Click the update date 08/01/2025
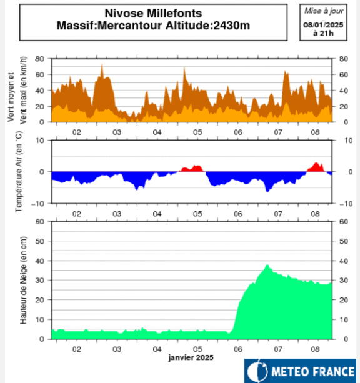pos(320,24)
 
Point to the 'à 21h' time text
pos(320,32)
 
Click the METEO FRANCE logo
pos(300,371)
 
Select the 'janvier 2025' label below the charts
pos(191,358)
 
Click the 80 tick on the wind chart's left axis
pos(39,59)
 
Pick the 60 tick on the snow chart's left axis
pos(39,221)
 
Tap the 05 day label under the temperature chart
pos(197,214)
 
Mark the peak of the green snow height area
pos(267,265)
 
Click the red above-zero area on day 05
pos(192,169)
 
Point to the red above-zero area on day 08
pos(316,167)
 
